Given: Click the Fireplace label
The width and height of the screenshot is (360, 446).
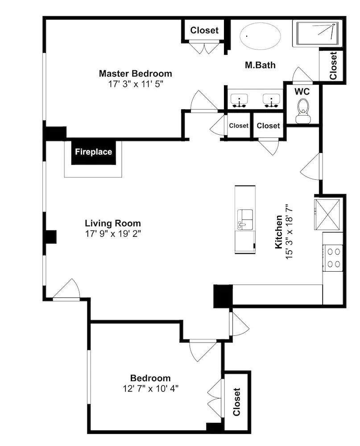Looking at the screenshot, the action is [x=93, y=152].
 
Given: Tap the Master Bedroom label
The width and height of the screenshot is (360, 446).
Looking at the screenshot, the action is [x=136, y=74].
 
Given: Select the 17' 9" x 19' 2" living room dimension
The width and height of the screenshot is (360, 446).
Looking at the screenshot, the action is [x=113, y=234].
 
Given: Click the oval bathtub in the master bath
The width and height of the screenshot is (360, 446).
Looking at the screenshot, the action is [x=261, y=36].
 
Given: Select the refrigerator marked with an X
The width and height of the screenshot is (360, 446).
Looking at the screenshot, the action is [x=327, y=214].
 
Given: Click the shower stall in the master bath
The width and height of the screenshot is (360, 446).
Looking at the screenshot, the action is [x=317, y=34].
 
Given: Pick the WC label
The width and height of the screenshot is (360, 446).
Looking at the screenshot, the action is [x=302, y=91].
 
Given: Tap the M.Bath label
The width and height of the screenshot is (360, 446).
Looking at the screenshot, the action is [x=261, y=65].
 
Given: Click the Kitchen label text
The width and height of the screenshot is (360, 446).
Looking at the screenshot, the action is [x=279, y=232].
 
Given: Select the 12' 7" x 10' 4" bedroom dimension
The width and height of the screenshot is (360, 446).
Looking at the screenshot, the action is [x=150, y=388].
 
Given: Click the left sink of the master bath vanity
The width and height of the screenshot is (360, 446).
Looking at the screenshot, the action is [x=240, y=100].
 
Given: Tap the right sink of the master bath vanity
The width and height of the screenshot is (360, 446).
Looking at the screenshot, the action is [x=272, y=100].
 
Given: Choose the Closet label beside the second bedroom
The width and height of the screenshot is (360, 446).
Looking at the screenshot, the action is [x=236, y=402].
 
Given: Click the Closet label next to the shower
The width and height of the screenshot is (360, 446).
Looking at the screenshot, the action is [x=333, y=66].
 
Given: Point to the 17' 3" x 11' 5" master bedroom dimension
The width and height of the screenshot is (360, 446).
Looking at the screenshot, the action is [x=136, y=84].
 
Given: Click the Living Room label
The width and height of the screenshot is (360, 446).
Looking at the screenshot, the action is [x=113, y=223].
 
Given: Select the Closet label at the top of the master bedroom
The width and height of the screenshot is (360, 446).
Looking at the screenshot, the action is [x=204, y=30].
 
